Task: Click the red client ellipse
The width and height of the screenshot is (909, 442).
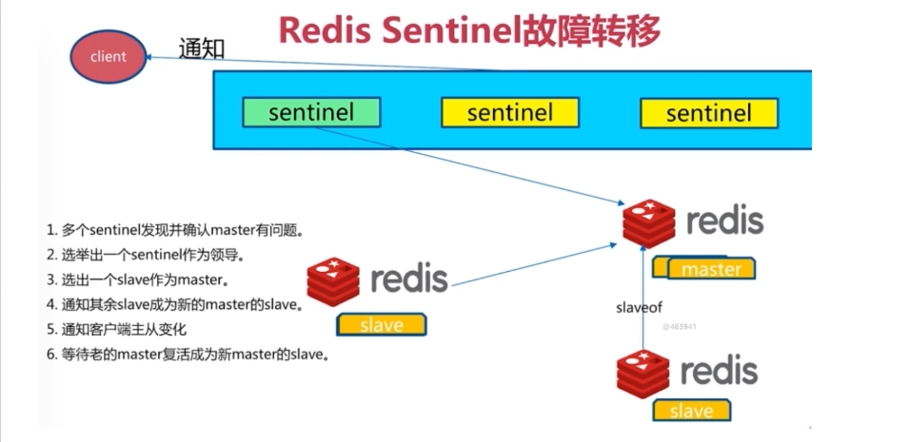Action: [x=108, y=57]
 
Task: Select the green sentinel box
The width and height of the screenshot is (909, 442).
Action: [x=311, y=112]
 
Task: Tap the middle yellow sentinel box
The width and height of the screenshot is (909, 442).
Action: [x=510, y=113]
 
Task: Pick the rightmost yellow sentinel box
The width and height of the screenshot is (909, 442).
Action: [x=709, y=113]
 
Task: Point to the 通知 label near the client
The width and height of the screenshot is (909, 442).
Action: [x=201, y=49]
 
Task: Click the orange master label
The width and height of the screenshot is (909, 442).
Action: [x=711, y=269]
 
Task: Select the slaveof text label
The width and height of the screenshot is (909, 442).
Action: [x=639, y=308]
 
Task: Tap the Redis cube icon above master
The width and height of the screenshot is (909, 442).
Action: [x=649, y=223]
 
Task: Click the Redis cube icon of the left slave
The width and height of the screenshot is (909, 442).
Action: [x=333, y=282]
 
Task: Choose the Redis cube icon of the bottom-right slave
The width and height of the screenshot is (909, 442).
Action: [x=642, y=375]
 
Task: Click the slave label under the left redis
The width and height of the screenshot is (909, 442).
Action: [x=382, y=325]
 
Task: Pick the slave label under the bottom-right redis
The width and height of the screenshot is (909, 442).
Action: [x=692, y=410]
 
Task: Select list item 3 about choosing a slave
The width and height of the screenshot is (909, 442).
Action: [x=137, y=280]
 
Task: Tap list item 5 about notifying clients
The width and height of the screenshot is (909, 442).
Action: [x=116, y=330]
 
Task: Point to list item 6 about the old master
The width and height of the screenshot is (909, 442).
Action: [x=188, y=355]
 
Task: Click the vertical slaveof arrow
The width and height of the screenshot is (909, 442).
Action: [x=642, y=297]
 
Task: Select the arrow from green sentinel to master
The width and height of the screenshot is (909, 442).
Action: [x=471, y=165]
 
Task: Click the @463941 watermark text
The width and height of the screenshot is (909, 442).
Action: [x=680, y=327]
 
